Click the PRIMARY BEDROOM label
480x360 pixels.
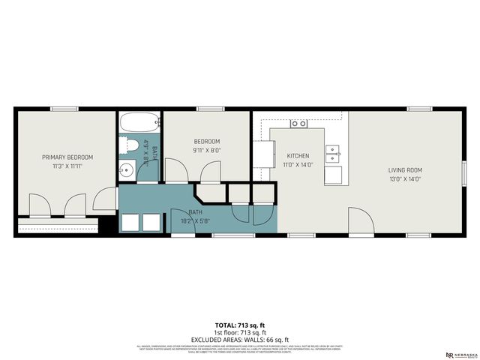[67, 157]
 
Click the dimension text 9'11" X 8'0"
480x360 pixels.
[207, 150]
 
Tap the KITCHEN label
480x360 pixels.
[298, 156]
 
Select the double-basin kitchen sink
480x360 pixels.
[333, 154]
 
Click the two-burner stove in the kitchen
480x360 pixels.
[299, 123]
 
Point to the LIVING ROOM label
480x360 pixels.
[405, 170]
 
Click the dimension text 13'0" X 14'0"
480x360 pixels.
[405, 179]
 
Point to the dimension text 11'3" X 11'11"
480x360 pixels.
[67, 166]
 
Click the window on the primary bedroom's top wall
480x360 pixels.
[64, 109]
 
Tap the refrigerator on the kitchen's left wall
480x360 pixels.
[262, 154]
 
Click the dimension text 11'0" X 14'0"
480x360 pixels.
[298, 165]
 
